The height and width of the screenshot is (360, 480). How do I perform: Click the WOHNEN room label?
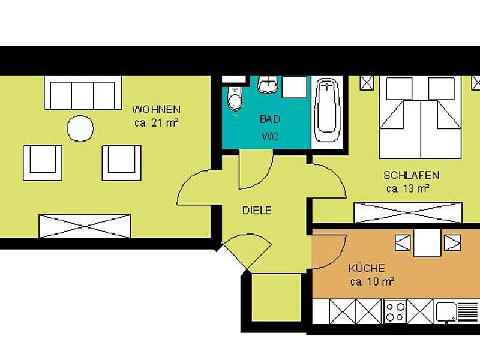tap(156, 110)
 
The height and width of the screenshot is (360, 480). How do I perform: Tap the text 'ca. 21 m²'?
tap(156, 122)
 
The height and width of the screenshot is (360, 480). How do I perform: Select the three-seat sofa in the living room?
tap(80, 95)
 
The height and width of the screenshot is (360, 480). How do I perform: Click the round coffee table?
tap(80, 128)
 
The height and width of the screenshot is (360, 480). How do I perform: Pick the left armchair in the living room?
tap(43, 162)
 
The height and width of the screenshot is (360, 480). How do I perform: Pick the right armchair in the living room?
tap(121, 162)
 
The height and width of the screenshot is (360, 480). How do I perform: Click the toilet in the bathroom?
tap(235, 98)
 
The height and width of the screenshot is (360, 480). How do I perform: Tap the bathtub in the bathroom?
tap(328, 108)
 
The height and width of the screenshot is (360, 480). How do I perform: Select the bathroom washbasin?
tap(268, 86)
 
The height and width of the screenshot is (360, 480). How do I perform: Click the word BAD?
tap(269, 119)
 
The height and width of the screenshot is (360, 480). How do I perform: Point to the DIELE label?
tap(257, 211)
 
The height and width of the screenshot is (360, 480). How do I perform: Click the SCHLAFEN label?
tap(411, 176)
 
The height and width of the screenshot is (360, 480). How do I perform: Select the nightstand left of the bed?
tap(367, 83)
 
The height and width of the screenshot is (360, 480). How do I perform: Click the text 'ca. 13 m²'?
tap(407, 188)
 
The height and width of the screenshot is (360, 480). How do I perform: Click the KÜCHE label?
tap(366, 268)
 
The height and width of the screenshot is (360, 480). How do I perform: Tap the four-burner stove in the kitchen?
tap(395, 312)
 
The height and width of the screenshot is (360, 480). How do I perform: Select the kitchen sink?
tap(446, 311)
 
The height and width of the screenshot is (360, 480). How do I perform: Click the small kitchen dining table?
tap(427, 243)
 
